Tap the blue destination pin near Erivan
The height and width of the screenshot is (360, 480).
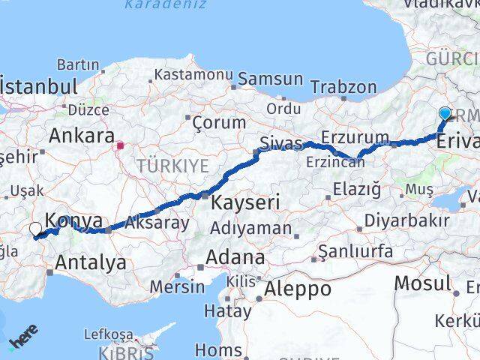[x=445, y=114]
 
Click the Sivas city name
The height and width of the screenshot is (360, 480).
[x=280, y=142]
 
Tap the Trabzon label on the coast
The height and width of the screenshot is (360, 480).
[x=344, y=87]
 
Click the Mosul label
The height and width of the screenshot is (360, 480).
[x=424, y=283]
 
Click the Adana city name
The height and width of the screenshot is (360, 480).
[x=236, y=259]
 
